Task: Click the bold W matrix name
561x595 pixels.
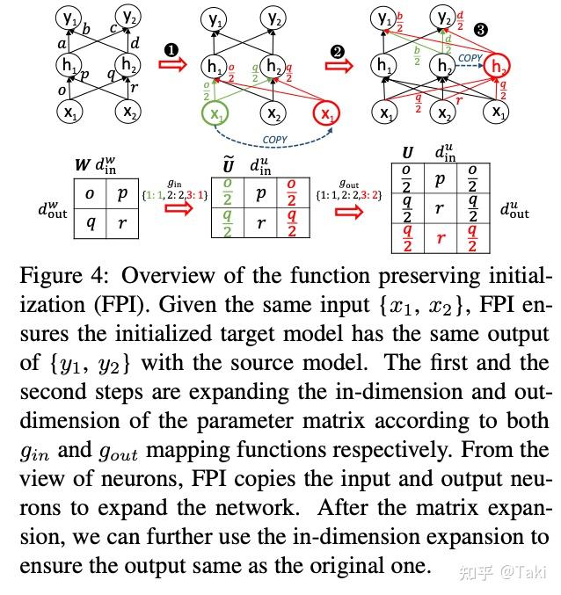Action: click(81, 163)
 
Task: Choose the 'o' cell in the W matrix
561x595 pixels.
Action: click(89, 192)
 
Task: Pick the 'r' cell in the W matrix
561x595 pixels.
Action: click(123, 222)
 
